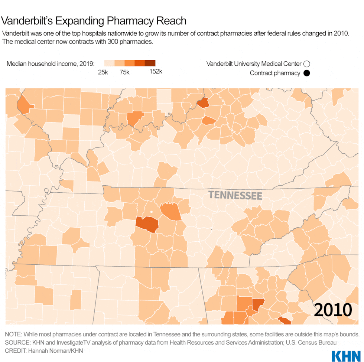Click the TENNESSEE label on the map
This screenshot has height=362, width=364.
pyautogui.click(x=235, y=195)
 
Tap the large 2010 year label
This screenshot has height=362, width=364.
pyautogui.click(x=333, y=310)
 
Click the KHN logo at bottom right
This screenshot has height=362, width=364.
pyautogui.click(x=345, y=355)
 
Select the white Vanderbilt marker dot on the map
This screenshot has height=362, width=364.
pyautogui.click(x=152, y=212)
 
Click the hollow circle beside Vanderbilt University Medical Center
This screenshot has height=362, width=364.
pyautogui.click(x=306, y=64)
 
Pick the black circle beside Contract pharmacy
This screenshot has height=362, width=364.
pyautogui.click(x=306, y=73)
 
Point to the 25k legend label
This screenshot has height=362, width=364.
pyautogui.click(x=103, y=72)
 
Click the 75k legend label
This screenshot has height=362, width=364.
pyautogui.click(x=124, y=72)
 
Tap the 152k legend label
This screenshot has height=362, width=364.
pyautogui.click(x=156, y=72)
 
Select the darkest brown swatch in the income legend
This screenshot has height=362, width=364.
pyautogui.click(x=150, y=63)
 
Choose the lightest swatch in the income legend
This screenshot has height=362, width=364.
pyautogui.click(x=109, y=63)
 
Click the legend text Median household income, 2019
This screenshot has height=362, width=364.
pyautogui.click(x=51, y=63)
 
